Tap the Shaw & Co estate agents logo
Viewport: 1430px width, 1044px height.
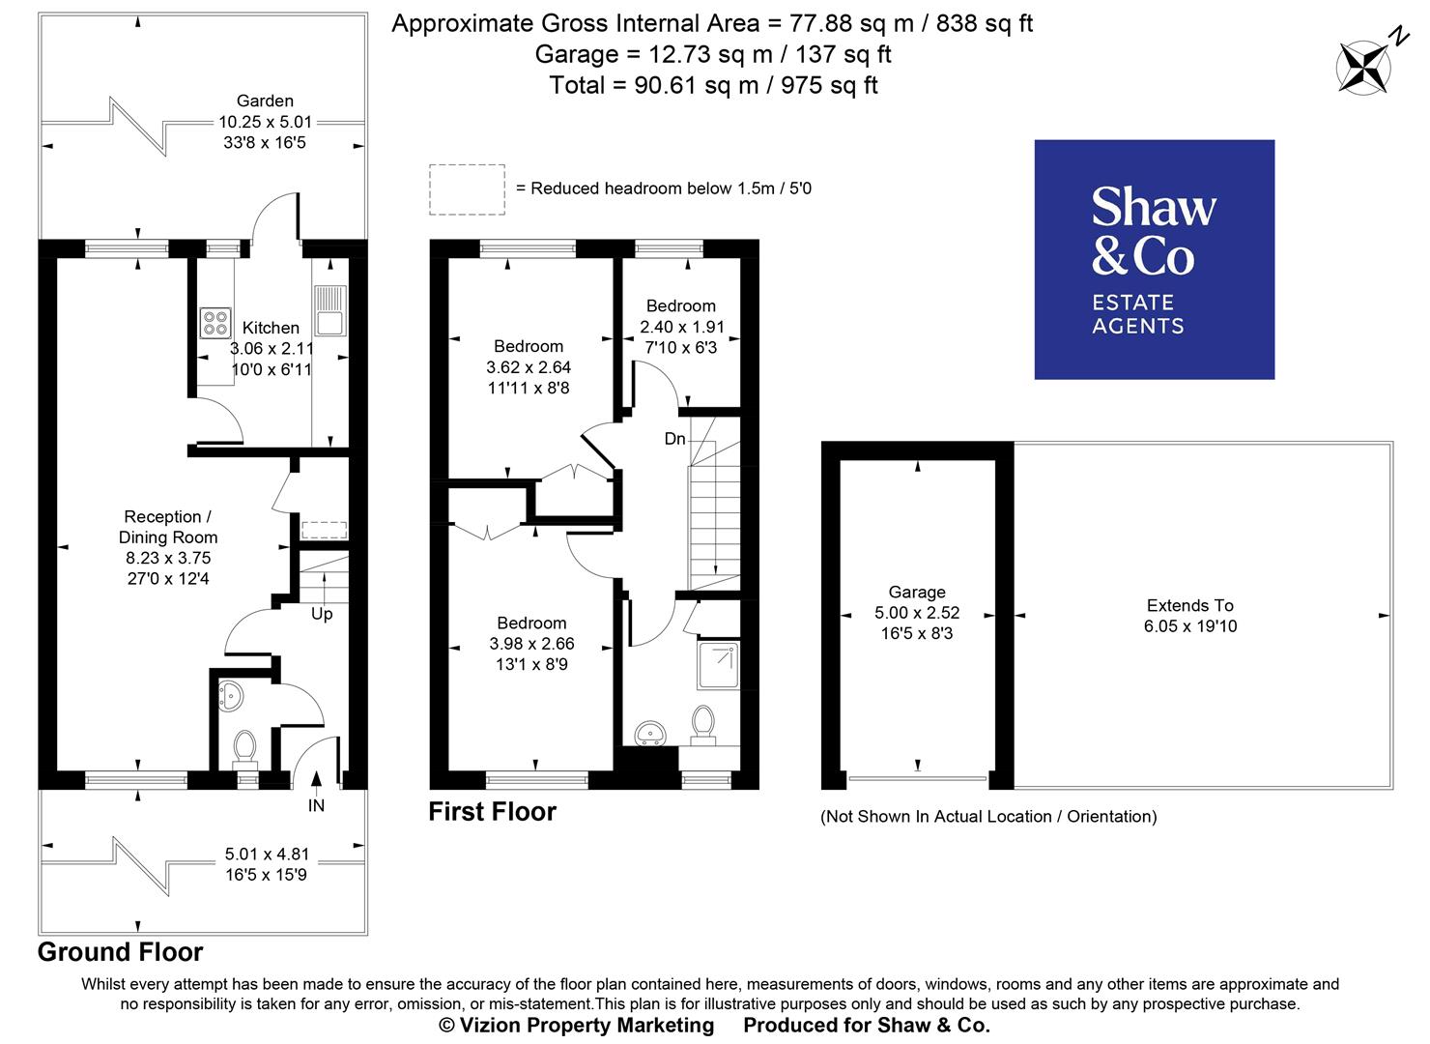point(1154,259)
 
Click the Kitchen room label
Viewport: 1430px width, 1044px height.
point(271,328)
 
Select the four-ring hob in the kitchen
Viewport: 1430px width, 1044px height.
point(214,322)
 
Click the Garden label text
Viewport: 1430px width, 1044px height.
point(265,101)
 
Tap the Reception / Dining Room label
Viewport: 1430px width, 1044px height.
point(168,527)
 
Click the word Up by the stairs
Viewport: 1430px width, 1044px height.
point(322,614)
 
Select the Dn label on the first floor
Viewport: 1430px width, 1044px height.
point(674,439)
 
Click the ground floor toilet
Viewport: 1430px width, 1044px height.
point(245,745)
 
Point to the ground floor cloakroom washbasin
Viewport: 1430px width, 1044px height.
point(230,694)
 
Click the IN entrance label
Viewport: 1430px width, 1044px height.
point(316,805)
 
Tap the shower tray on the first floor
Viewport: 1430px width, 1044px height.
point(718,665)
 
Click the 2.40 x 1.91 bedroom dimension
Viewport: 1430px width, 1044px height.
point(681,327)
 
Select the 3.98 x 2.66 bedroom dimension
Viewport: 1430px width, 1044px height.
point(531,644)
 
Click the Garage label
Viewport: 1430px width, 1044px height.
point(917,592)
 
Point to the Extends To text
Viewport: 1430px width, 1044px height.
point(1189,605)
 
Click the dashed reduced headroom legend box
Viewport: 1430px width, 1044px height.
point(467,188)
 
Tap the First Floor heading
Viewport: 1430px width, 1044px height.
point(492,811)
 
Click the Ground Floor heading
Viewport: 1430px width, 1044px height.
point(120,952)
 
